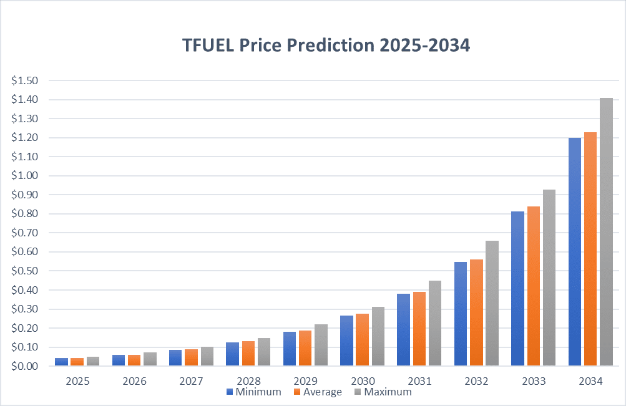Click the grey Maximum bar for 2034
606,232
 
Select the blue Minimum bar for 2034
574,252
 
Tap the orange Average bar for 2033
533,286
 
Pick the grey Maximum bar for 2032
492,303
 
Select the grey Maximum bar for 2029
321,345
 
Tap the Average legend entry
317,392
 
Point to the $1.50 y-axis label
24,80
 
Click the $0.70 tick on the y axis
24,233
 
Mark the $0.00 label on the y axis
24,366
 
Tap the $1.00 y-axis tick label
24,176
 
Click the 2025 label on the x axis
77,380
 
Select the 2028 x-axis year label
248,380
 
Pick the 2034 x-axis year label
590,380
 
